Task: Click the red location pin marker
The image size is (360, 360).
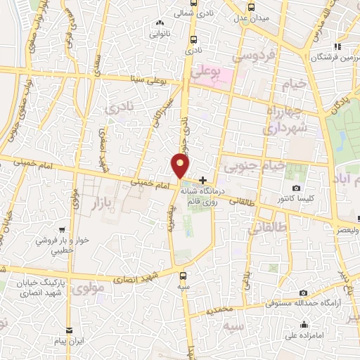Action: click(181, 166)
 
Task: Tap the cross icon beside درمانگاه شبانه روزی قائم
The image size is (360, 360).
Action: click(203, 180)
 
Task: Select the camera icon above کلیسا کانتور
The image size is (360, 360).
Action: click(296, 188)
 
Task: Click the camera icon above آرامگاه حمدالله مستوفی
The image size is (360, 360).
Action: click(303, 292)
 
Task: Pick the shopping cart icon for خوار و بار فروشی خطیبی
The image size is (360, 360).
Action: click(63, 229)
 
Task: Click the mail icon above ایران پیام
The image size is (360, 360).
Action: click(69, 330)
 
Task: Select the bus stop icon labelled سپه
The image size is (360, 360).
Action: click(184, 275)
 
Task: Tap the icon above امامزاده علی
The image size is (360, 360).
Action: click(304, 324)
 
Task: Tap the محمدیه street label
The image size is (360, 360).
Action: click(222, 308)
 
